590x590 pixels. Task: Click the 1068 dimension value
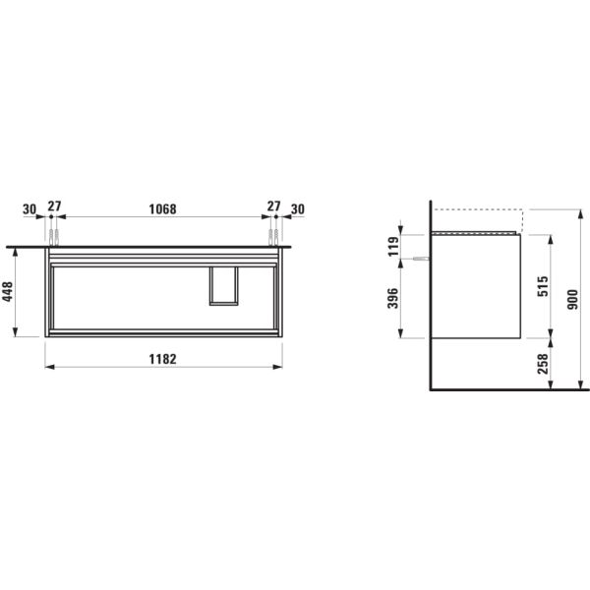(162, 208)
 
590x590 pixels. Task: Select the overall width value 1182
(162, 358)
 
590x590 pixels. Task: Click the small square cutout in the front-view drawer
(224, 285)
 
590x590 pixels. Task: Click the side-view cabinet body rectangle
(476, 285)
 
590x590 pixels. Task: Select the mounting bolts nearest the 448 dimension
(54, 237)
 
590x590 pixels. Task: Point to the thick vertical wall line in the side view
(431, 295)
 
